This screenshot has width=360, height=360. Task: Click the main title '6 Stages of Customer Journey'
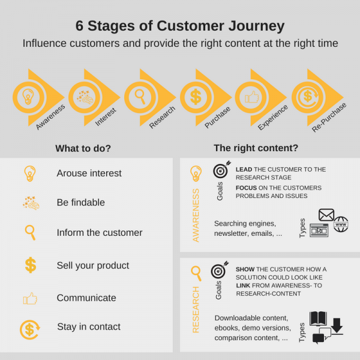[x=180, y=26]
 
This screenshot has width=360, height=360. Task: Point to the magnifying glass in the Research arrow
[x=140, y=96]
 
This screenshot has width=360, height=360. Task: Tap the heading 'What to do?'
[x=83, y=148]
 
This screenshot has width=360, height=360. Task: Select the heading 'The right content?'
[x=256, y=148]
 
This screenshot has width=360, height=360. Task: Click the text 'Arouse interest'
[x=89, y=173]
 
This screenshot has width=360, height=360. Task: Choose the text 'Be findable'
[x=80, y=203]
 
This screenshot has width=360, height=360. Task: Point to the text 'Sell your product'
[x=92, y=265]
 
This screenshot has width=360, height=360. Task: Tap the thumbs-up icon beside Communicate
[x=30, y=298]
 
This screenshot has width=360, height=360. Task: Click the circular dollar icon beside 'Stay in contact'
[x=29, y=329]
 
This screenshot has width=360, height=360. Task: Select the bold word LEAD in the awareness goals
[x=243, y=170]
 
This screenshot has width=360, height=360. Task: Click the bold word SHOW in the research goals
[x=245, y=269]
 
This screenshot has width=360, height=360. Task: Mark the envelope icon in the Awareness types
[x=326, y=214]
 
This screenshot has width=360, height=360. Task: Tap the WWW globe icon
[x=341, y=224]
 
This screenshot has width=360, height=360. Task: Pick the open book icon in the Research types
[x=319, y=320]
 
